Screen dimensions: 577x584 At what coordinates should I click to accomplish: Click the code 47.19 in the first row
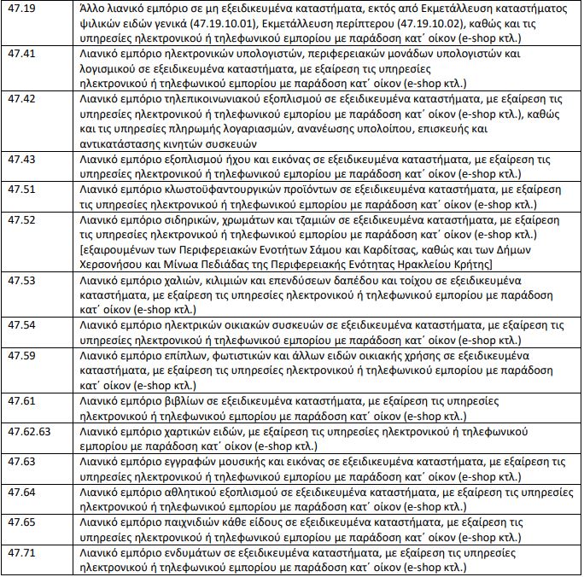[x=20, y=9]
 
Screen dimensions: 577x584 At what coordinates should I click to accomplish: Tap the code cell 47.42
[x=20, y=100]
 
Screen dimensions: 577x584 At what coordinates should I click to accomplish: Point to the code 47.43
[x=20, y=160]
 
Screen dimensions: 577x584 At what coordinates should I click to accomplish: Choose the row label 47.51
[x=20, y=189]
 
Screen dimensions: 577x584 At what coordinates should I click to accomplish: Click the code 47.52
[x=20, y=219]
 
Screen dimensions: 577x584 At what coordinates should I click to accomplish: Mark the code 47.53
[x=20, y=279]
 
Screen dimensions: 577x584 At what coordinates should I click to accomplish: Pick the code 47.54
[x=20, y=324]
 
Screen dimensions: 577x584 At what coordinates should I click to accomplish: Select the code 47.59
[x=20, y=354]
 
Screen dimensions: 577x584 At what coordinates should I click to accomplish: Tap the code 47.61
[x=20, y=399]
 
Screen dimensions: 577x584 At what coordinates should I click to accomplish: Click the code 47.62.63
[x=28, y=430]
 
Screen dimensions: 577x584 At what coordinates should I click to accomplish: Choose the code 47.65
[x=20, y=520]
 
